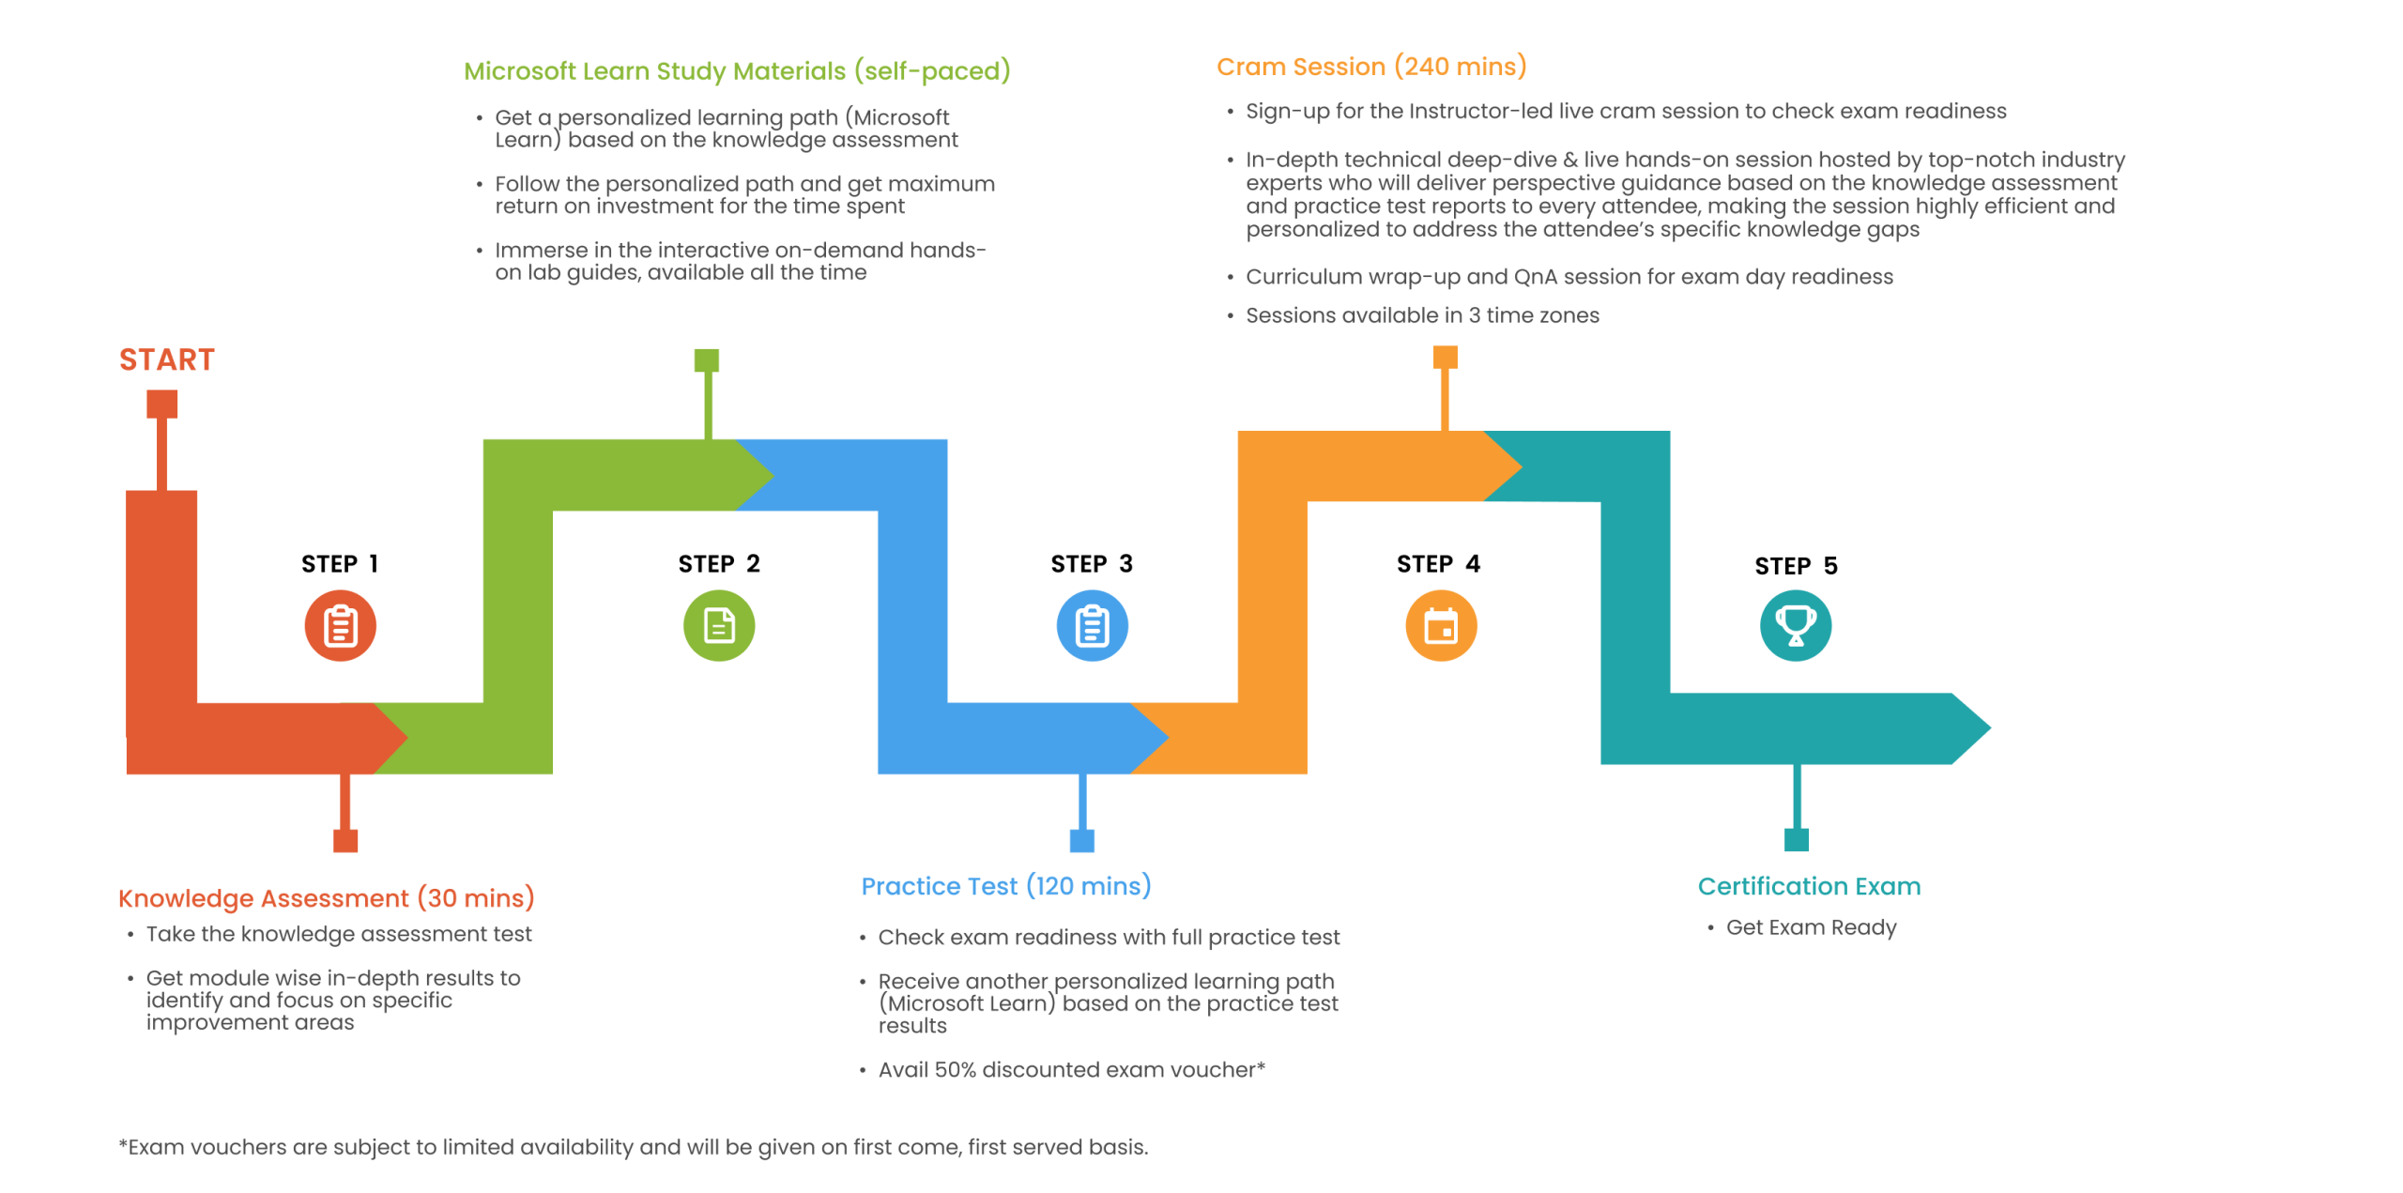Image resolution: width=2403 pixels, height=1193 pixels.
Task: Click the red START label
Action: pyautogui.click(x=167, y=359)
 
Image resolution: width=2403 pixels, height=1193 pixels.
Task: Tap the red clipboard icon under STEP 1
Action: pyautogui.click(x=340, y=625)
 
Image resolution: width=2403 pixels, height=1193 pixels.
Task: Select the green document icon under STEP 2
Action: pyautogui.click(x=719, y=625)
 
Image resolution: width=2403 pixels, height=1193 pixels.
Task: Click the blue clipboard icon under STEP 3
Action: pyautogui.click(x=1092, y=625)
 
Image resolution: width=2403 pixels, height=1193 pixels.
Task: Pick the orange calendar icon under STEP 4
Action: pyautogui.click(x=1441, y=625)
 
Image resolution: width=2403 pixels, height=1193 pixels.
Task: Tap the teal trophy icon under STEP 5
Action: pyautogui.click(x=1796, y=625)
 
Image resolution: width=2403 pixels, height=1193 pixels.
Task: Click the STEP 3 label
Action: pyautogui.click(x=1092, y=563)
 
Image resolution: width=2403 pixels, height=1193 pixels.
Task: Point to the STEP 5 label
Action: pyautogui.click(x=1796, y=565)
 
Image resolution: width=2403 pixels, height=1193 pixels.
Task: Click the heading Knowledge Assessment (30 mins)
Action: pyautogui.click(x=326, y=898)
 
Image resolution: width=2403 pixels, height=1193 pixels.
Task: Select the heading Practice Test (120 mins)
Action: pyautogui.click(x=1006, y=886)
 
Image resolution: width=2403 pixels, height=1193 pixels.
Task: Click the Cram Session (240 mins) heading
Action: pyautogui.click(x=1371, y=67)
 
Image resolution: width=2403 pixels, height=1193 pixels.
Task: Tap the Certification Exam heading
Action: pyautogui.click(x=1809, y=886)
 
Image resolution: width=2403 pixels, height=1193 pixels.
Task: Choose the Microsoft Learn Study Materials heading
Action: pyautogui.click(x=737, y=71)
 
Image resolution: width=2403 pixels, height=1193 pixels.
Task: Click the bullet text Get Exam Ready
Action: pyautogui.click(x=1811, y=927)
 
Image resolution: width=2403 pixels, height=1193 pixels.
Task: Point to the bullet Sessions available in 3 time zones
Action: pyautogui.click(x=1422, y=315)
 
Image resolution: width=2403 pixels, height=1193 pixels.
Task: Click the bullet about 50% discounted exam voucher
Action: pyautogui.click(x=1071, y=1069)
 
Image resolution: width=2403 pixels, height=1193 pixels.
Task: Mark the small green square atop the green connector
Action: pyautogui.click(x=707, y=360)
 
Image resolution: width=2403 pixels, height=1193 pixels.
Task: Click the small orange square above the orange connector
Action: pyautogui.click(x=1445, y=357)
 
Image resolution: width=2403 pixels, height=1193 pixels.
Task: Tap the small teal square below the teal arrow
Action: pyautogui.click(x=1796, y=839)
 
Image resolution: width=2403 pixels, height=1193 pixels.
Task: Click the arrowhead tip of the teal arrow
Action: pyautogui.click(x=1990, y=727)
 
